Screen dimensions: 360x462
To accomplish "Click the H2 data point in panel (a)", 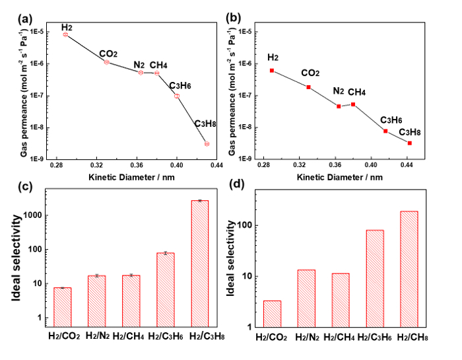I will [x=65, y=34].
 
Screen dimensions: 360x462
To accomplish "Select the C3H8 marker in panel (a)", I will [x=207, y=143].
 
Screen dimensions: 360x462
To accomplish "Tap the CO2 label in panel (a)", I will [x=108, y=54].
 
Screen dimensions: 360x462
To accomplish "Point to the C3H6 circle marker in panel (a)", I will [x=177, y=96].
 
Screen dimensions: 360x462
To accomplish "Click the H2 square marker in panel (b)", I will [x=272, y=71].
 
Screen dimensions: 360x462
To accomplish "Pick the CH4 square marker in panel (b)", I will [x=353, y=104].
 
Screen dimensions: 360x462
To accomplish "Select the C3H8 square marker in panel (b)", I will [x=410, y=143].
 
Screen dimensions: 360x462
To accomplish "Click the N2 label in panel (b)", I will [x=339, y=91].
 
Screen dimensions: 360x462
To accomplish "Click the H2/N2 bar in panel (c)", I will [x=96, y=301].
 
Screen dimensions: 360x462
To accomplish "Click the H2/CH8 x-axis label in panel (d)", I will [x=409, y=338].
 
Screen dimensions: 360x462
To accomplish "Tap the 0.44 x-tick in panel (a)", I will [x=216, y=166].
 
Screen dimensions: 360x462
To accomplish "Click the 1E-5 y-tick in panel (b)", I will [x=249, y=32].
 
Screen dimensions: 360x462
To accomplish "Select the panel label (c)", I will [x=24, y=186].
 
